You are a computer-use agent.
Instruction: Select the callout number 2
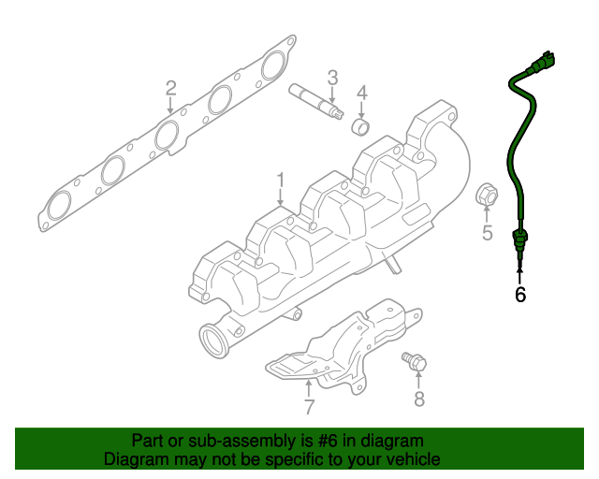coord(170,89)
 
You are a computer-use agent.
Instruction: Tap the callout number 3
coord(332,76)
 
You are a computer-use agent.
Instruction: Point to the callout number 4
coord(361,93)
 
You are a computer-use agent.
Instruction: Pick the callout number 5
coord(487,233)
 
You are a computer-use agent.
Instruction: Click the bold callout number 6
coord(520,295)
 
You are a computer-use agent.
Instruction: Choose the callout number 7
coord(308,406)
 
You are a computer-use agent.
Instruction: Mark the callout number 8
coord(419,399)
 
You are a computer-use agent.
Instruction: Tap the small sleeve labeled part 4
coord(360,125)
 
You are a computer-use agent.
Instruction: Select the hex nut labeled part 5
coord(486,195)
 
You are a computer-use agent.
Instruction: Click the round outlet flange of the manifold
coord(214,338)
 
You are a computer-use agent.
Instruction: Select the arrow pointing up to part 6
coord(520,272)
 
